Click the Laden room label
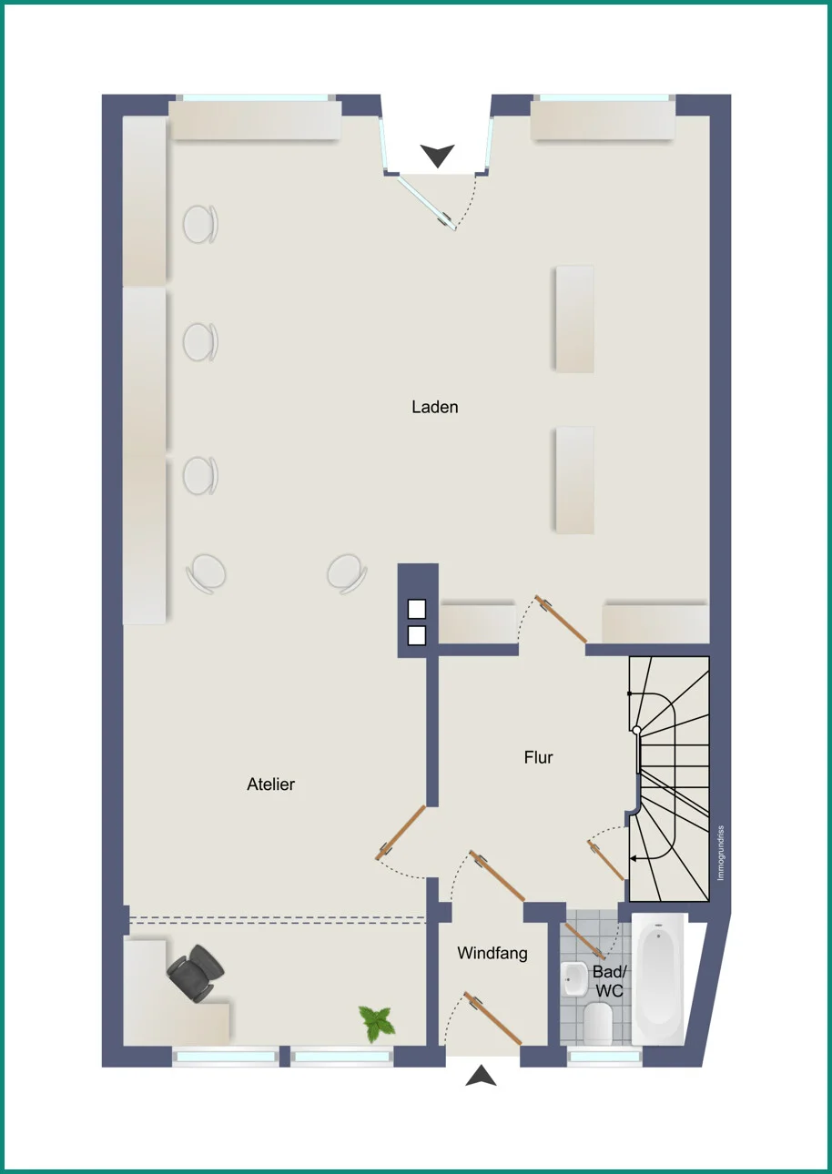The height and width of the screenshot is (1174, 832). tap(434, 407)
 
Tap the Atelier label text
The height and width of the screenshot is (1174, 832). tap(270, 784)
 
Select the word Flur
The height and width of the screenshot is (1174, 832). tap(538, 757)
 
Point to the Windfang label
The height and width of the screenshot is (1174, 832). tap(492, 953)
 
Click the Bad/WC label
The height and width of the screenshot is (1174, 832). tap(609, 981)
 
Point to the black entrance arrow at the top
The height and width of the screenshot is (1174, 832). tap(437, 156)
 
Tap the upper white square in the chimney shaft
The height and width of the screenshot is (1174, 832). tap(417, 609)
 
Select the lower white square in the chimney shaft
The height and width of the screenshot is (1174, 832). tap(417, 635)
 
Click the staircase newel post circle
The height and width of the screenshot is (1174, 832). tap(636, 730)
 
